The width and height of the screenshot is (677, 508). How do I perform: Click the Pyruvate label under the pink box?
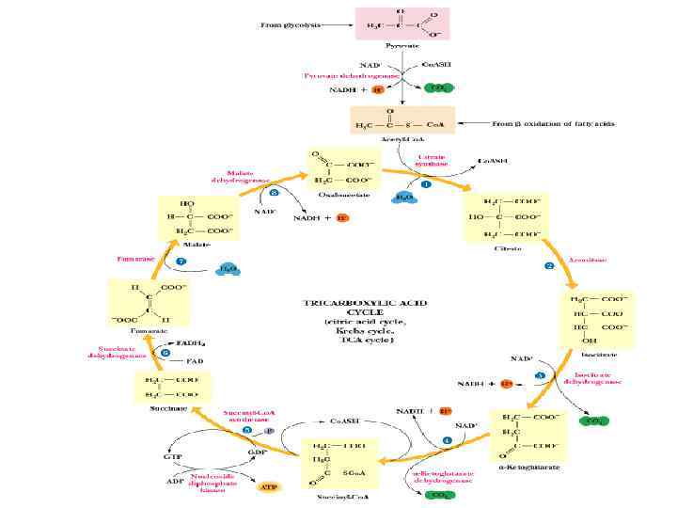402,45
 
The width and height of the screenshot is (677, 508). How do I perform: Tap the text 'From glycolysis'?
289,25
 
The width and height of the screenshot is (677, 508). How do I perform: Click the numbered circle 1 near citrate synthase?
426,185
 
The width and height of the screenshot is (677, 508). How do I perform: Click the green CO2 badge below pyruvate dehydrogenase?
436,88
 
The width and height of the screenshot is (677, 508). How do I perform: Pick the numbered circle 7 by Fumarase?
181,260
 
